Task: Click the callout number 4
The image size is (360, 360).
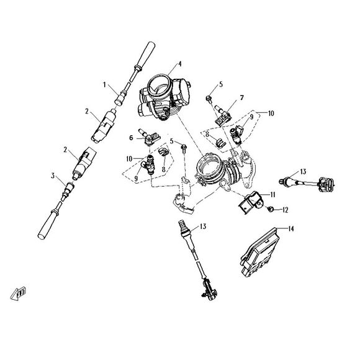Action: click(x=179, y=64)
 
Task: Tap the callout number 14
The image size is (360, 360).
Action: click(x=291, y=228)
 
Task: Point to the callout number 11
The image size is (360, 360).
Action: click(x=271, y=194)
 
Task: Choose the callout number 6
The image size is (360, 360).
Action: click(x=132, y=137)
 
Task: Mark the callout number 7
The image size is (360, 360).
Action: click(x=242, y=97)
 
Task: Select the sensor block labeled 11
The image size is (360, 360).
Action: click(x=250, y=201)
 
